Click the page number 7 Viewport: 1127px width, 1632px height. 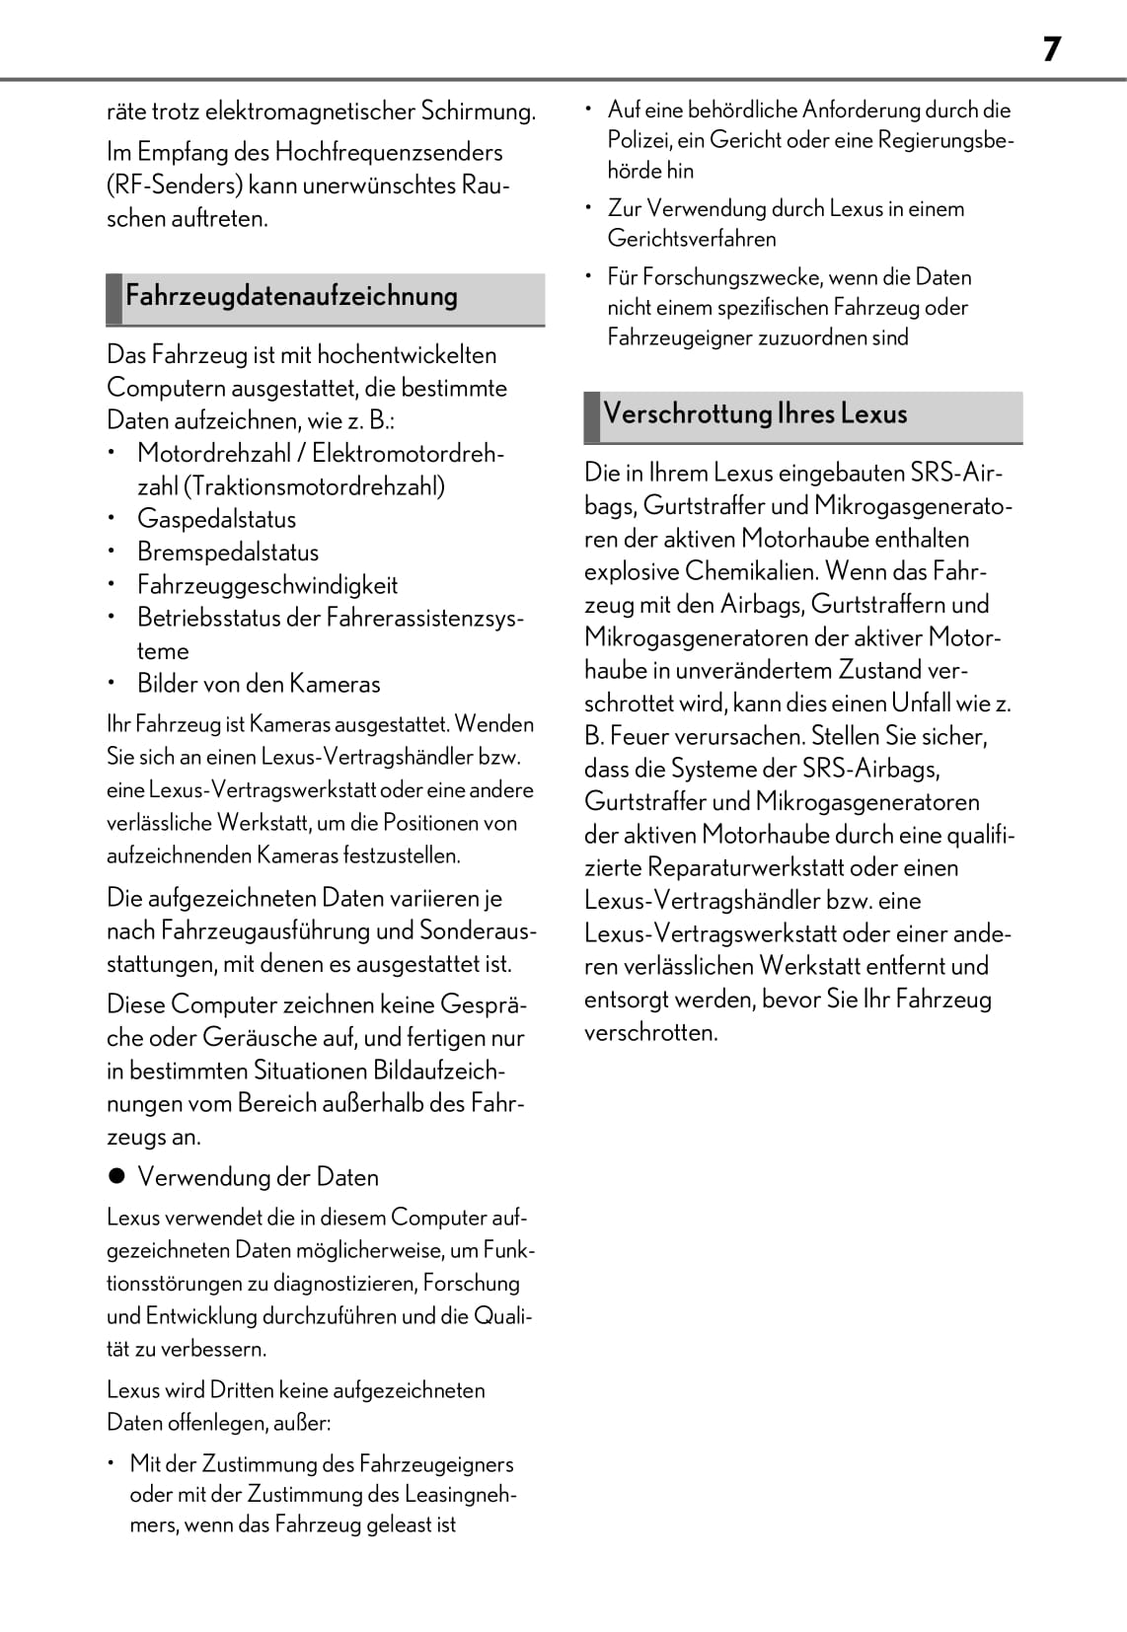click(x=1051, y=49)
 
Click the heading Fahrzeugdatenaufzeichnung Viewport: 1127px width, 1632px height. click(x=291, y=296)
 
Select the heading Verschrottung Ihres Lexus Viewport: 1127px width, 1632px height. click(x=755, y=413)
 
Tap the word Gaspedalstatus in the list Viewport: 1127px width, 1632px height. click(x=216, y=519)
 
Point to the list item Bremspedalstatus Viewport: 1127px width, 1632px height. click(x=228, y=553)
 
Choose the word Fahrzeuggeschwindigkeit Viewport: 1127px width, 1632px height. click(x=267, y=585)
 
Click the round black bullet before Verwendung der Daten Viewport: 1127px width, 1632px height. click(x=116, y=1176)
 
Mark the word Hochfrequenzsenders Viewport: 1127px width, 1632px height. click(x=388, y=152)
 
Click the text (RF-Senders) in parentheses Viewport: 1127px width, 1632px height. click(x=174, y=185)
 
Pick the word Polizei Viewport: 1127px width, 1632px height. click(x=639, y=140)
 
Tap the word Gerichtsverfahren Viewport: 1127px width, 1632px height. click(x=692, y=239)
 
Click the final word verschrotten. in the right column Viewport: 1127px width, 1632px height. click(x=650, y=1032)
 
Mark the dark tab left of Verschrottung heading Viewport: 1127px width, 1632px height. click(x=592, y=416)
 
